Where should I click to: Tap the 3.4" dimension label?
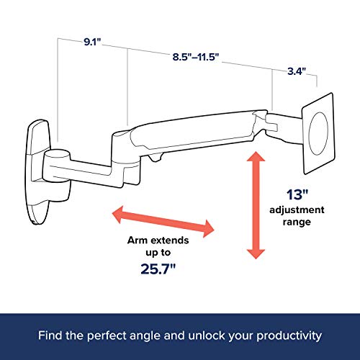(296, 71)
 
